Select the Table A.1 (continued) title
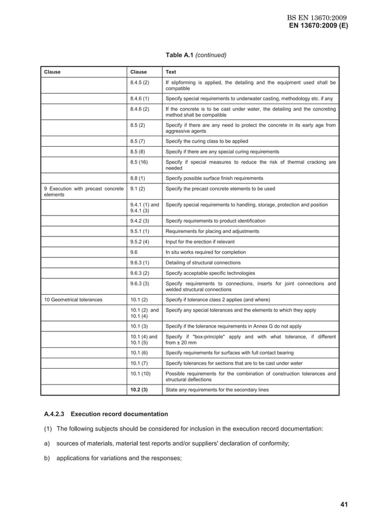click(196, 55)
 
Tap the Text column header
click(172, 72)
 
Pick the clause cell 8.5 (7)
click(138, 141)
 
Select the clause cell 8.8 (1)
click(138, 178)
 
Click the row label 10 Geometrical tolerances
click(73, 299)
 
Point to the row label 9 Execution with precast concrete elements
click(83, 192)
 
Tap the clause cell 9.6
click(134, 252)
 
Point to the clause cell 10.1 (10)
click(140, 373)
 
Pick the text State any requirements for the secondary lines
click(217, 389)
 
